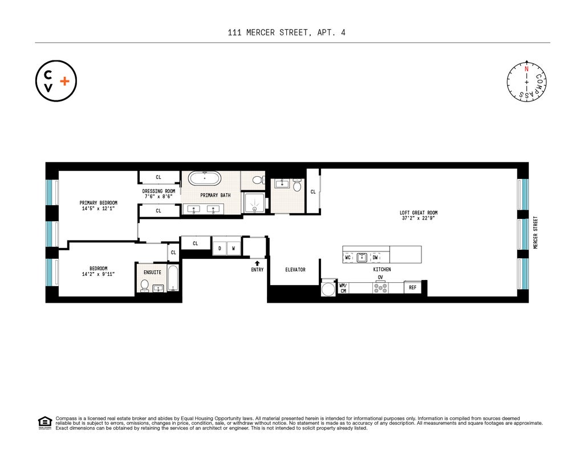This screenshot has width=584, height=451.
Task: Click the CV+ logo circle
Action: pos(56,81)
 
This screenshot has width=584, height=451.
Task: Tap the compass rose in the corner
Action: pos(527,81)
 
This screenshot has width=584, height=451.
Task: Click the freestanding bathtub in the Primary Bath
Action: pos(205,178)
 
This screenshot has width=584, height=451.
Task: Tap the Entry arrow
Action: pos(257,263)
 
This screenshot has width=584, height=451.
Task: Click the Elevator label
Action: pos(295,270)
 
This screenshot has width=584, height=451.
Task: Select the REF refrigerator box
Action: pos(413,288)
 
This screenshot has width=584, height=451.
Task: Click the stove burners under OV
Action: pos(380,288)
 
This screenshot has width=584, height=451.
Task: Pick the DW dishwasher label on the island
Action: pos(375,258)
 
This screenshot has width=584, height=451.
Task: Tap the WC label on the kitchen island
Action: pos(348,258)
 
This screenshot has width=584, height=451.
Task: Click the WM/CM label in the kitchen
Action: pos(343,288)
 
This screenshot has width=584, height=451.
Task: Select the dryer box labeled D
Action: pos(220,249)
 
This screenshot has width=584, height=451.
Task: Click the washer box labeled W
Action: pos(233,249)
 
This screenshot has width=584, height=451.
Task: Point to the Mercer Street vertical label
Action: pos(536,232)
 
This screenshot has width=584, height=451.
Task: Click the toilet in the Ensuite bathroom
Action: pos(145,285)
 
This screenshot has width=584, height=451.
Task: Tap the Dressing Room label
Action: pos(159,194)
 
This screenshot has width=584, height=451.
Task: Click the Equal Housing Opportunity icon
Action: pos(44,423)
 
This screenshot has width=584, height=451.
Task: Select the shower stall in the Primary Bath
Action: pos(254,202)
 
